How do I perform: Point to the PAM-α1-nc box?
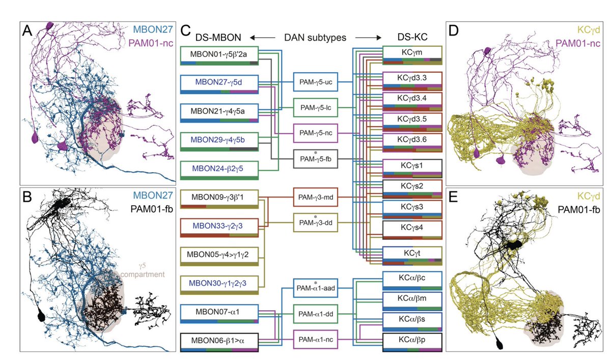pos(316,339)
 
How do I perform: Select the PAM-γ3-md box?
pos(316,197)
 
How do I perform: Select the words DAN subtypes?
pos(316,38)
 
